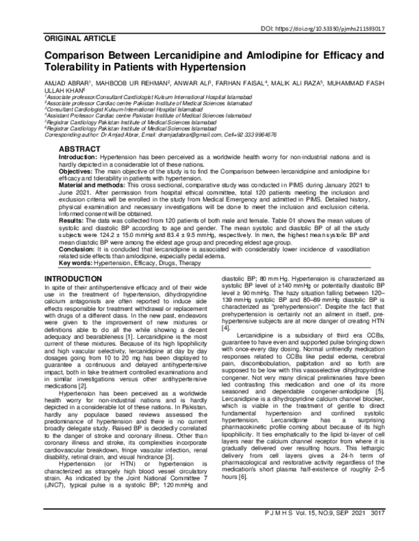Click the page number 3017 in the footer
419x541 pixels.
[x=402, y=533]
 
